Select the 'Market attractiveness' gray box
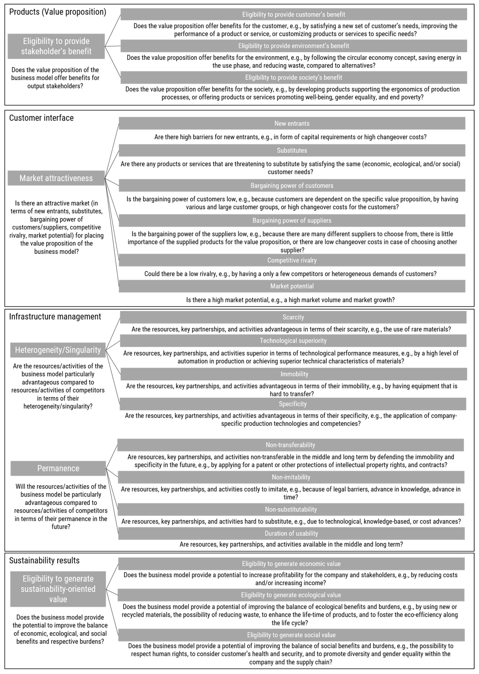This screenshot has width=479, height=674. coord(56,178)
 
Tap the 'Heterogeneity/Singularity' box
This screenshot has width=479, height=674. coord(58,350)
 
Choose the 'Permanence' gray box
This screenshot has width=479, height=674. coord(58,468)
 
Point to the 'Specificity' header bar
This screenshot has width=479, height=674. coord(293,404)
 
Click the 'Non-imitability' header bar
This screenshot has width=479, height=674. coord(291,477)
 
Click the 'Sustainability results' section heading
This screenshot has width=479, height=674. coord(44,561)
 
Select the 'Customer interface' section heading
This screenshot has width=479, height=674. coord(41,118)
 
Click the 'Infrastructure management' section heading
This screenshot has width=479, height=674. coord(55,317)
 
